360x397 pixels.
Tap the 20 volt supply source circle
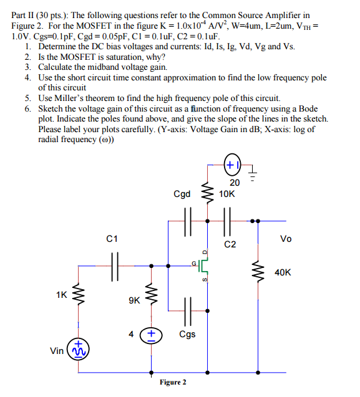[x=231, y=166]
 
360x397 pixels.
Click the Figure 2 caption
[x=173, y=382]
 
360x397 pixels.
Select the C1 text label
[x=112, y=238]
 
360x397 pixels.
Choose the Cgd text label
[x=182, y=194]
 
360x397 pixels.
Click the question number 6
[x=29, y=108]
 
